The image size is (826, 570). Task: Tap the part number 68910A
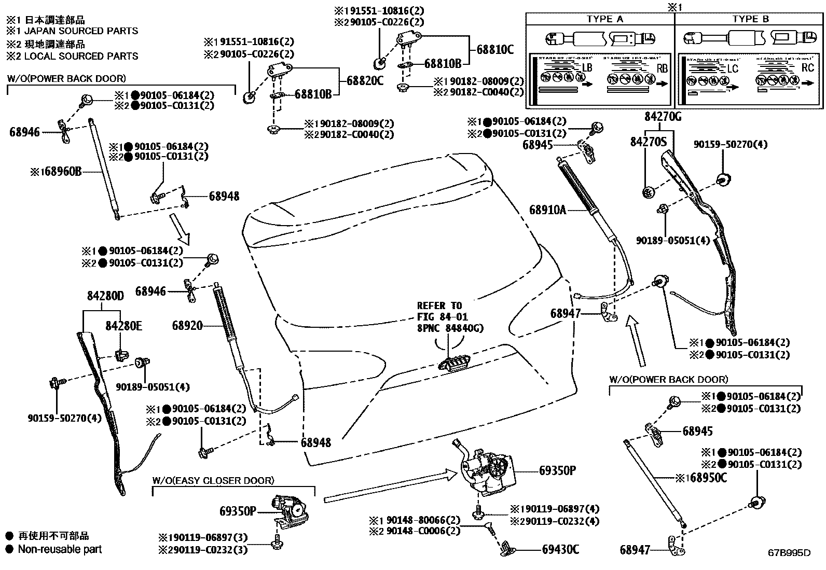pyautogui.click(x=547, y=210)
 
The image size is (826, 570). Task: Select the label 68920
pyautogui.click(x=187, y=326)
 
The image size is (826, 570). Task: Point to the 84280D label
pyautogui.click(x=105, y=296)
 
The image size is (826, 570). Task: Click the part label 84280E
pyautogui.click(x=123, y=326)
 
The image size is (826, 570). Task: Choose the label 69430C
pyautogui.click(x=560, y=549)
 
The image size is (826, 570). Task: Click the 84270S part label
pyautogui.click(x=648, y=141)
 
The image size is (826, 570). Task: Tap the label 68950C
pyautogui.click(x=708, y=478)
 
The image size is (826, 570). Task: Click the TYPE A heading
pyautogui.click(x=604, y=19)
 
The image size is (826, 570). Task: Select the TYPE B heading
pyautogui.click(x=750, y=19)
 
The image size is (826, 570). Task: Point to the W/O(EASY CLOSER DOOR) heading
pyautogui.click(x=213, y=481)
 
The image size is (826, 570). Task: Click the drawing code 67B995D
pyautogui.click(x=789, y=553)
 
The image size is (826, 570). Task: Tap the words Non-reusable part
pyautogui.click(x=60, y=549)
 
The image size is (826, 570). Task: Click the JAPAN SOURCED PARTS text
pyautogui.click(x=78, y=31)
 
